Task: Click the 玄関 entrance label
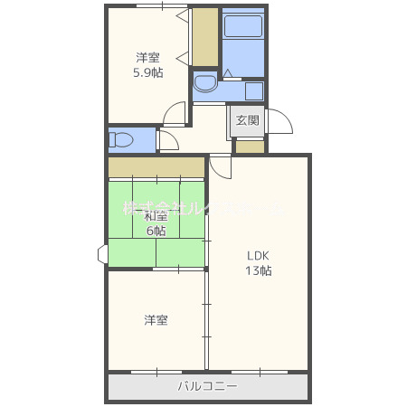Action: (x=248, y=120)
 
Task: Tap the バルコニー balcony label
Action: (x=207, y=387)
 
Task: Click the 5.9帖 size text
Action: (x=147, y=73)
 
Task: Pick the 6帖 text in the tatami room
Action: (x=156, y=231)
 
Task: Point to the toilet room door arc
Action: (x=166, y=140)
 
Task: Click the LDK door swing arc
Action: (x=222, y=166)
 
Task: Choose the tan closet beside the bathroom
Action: (x=205, y=37)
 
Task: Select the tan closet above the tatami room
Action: (x=156, y=166)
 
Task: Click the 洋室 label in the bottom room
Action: (x=156, y=320)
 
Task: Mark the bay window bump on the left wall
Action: (x=103, y=254)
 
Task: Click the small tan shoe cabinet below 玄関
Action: (x=250, y=147)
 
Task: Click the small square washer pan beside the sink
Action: (x=253, y=91)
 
